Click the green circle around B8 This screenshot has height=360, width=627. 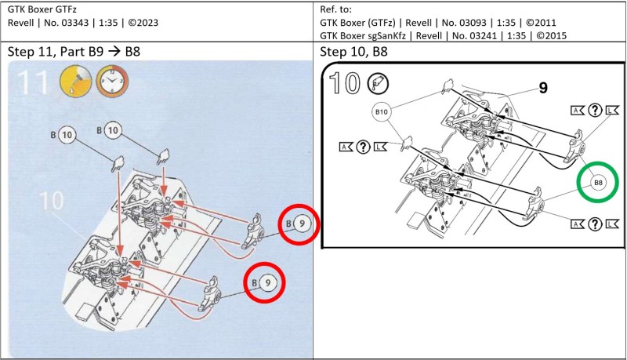point(599,183)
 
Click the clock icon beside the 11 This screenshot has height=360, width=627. point(113,82)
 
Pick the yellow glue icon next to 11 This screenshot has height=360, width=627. point(75,81)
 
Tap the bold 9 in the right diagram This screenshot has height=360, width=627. point(542,89)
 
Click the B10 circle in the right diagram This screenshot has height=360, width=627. point(382,113)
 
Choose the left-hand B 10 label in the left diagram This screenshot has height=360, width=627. point(63,135)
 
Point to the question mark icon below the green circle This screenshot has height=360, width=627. point(593,225)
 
